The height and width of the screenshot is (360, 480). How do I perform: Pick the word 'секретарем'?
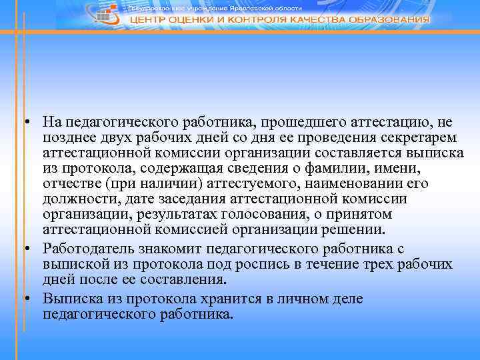coord(417,137)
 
